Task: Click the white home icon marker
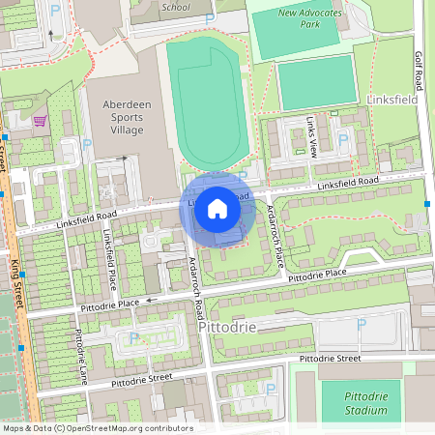coord(217,210)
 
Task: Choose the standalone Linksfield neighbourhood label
coord(397,100)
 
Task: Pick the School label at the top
coord(177,6)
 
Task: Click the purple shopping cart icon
coord(41,121)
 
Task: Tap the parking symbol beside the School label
coord(211,17)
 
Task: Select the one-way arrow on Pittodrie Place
coord(150,300)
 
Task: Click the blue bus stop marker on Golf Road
coord(427,203)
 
